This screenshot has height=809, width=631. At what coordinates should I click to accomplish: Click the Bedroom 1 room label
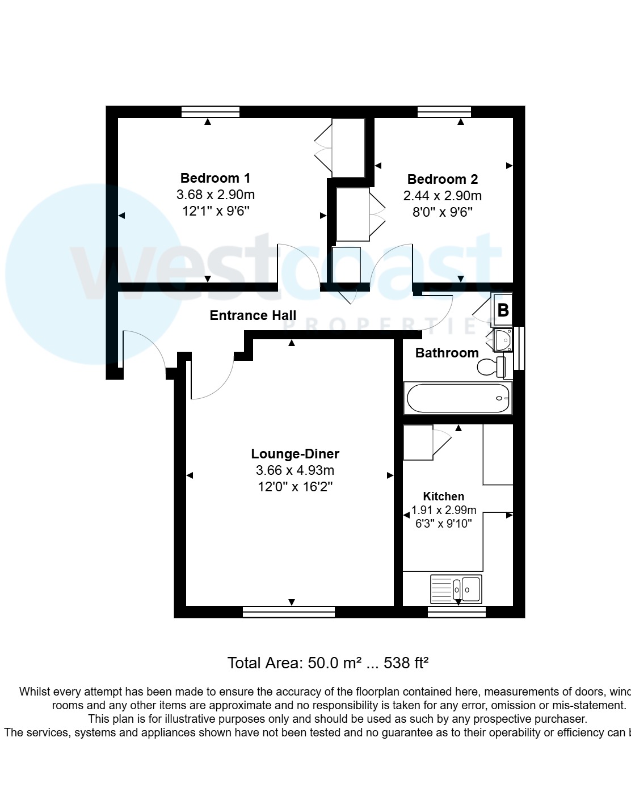[215, 178]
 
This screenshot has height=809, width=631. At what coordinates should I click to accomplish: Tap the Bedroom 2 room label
[443, 179]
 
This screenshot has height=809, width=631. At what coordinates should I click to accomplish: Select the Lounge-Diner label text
[295, 454]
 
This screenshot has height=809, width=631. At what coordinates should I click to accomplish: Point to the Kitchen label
[443, 496]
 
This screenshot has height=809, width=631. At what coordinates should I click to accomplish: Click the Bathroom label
[447, 353]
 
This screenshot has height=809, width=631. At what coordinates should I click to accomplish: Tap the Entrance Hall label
[253, 315]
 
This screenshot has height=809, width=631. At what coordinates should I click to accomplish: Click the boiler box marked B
[503, 310]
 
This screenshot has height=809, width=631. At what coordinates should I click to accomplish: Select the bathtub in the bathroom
[458, 398]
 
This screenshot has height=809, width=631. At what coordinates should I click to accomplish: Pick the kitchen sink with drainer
[456, 589]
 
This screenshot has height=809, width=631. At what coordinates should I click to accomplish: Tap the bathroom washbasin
[503, 340]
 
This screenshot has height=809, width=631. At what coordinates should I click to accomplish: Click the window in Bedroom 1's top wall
[210, 112]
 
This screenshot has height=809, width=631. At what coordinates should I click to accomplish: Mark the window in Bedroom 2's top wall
[444, 112]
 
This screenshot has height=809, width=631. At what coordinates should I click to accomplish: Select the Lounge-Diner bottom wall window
[288, 612]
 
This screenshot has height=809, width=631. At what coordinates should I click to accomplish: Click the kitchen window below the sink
[456, 612]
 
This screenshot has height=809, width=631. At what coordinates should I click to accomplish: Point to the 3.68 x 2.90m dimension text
[216, 195]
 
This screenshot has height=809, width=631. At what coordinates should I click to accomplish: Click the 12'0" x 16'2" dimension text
[295, 487]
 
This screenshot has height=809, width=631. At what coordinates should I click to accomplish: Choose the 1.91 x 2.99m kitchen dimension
[444, 510]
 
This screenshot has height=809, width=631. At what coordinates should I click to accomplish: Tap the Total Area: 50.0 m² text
[295, 663]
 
